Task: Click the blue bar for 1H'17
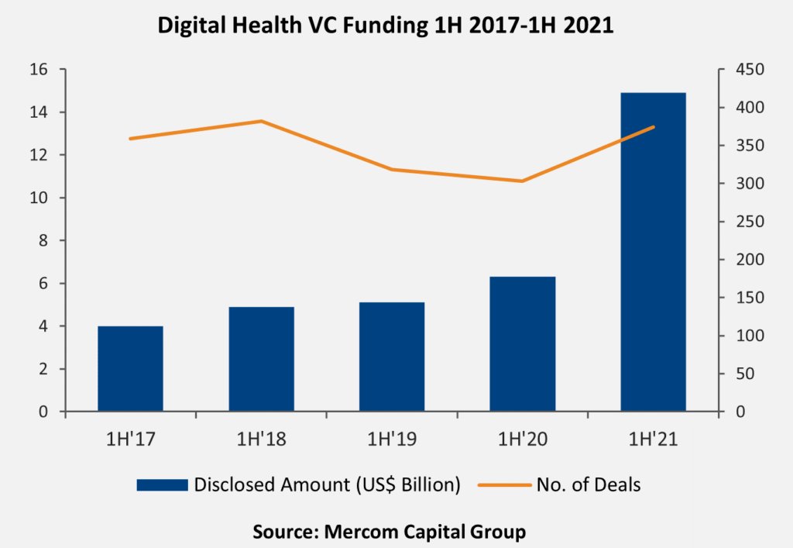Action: click(x=130, y=369)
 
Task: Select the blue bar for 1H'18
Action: click(x=261, y=359)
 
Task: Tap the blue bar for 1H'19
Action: click(x=392, y=357)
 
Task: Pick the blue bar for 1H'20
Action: click(x=523, y=343)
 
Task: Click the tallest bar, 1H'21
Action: click(x=654, y=252)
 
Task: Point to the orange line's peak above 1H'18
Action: click(x=261, y=121)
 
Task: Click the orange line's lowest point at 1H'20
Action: click(x=523, y=181)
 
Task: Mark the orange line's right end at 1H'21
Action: click(x=654, y=127)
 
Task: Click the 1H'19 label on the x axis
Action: click(x=392, y=439)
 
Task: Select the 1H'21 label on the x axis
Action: click(x=654, y=439)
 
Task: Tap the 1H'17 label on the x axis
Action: click(x=130, y=439)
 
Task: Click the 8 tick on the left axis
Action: click(x=43, y=241)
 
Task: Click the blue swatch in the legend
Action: click(x=162, y=485)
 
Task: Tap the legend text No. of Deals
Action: click(x=589, y=485)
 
